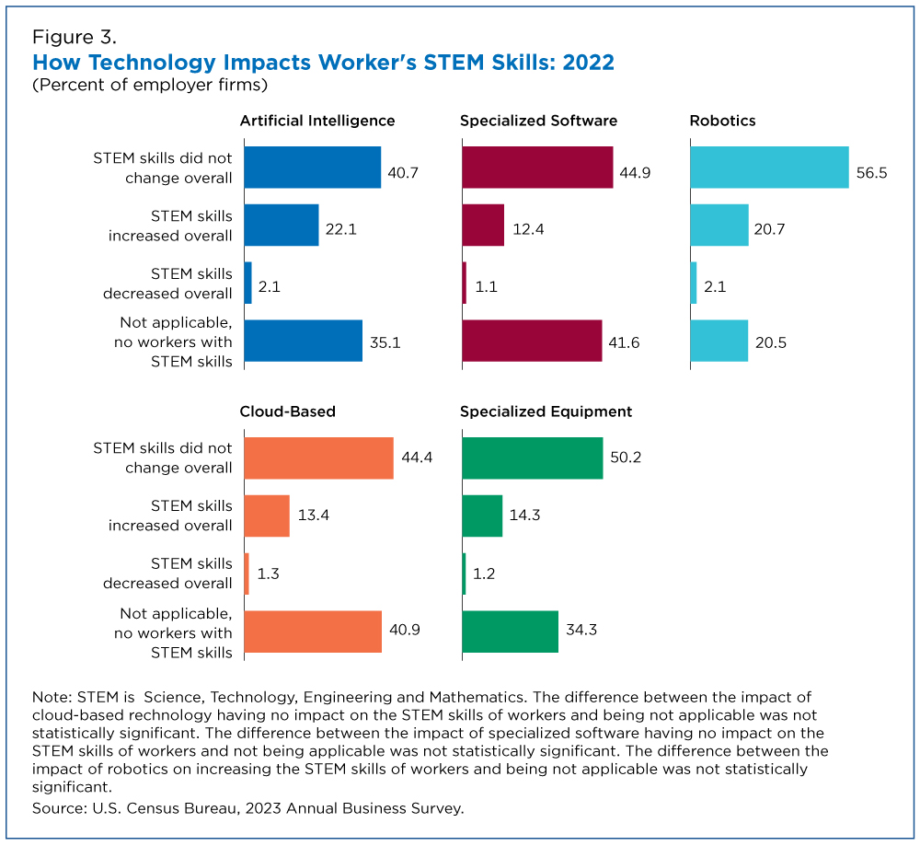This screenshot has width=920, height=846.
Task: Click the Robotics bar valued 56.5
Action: [769, 168]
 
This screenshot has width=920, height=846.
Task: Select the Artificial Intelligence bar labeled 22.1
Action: [282, 226]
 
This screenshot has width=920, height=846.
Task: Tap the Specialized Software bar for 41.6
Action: [532, 342]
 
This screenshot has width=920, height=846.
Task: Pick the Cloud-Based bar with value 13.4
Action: [267, 516]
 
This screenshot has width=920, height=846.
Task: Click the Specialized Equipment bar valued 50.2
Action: [532, 458]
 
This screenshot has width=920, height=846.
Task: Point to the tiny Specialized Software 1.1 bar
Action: [464, 284]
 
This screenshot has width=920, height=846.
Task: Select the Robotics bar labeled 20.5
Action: [719, 342]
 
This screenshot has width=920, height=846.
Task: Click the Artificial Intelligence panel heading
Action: [317, 121]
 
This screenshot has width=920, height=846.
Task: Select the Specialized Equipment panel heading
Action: [546, 411]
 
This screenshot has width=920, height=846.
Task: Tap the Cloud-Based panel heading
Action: [288, 411]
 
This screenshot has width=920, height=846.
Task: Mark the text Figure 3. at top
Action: [75, 38]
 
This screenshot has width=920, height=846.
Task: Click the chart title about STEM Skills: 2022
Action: [323, 63]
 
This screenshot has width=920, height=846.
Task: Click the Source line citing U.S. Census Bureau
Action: [247, 808]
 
